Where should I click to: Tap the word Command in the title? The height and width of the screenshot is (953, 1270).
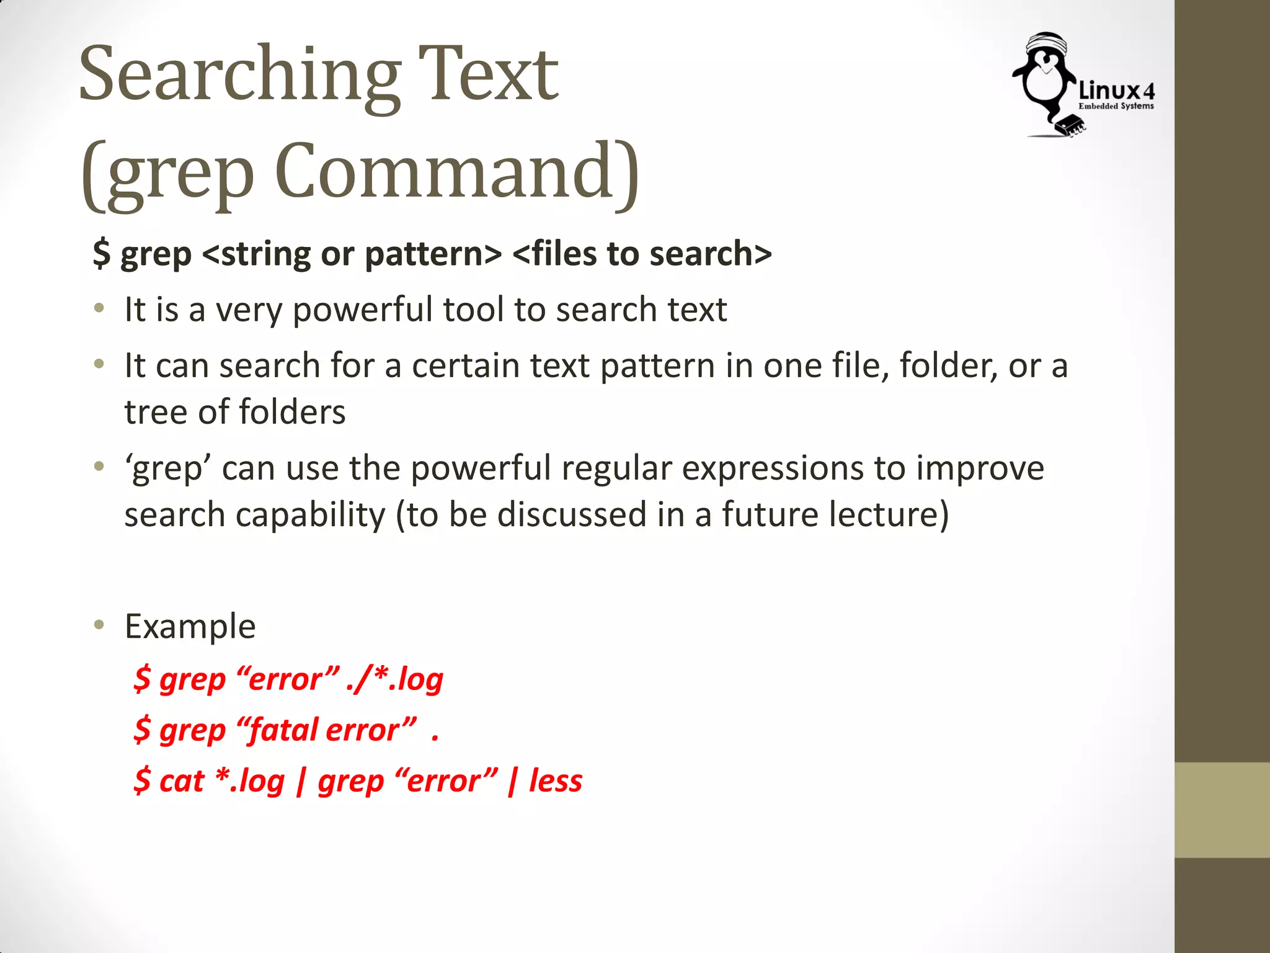[x=456, y=172]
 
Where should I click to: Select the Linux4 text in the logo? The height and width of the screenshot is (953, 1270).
[x=1117, y=91]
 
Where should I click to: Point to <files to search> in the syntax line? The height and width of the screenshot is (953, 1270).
[x=642, y=254]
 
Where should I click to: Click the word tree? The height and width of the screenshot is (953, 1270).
[x=156, y=412]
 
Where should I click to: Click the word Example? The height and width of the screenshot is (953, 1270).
[x=190, y=626]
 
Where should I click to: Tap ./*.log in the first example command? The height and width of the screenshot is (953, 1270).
[x=394, y=679]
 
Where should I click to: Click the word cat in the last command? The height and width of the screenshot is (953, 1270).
[x=182, y=781]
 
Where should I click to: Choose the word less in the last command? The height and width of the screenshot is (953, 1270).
[x=555, y=781]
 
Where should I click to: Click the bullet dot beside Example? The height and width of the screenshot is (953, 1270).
[x=99, y=625]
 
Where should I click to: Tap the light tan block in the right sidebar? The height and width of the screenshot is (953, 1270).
[x=1222, y=810]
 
